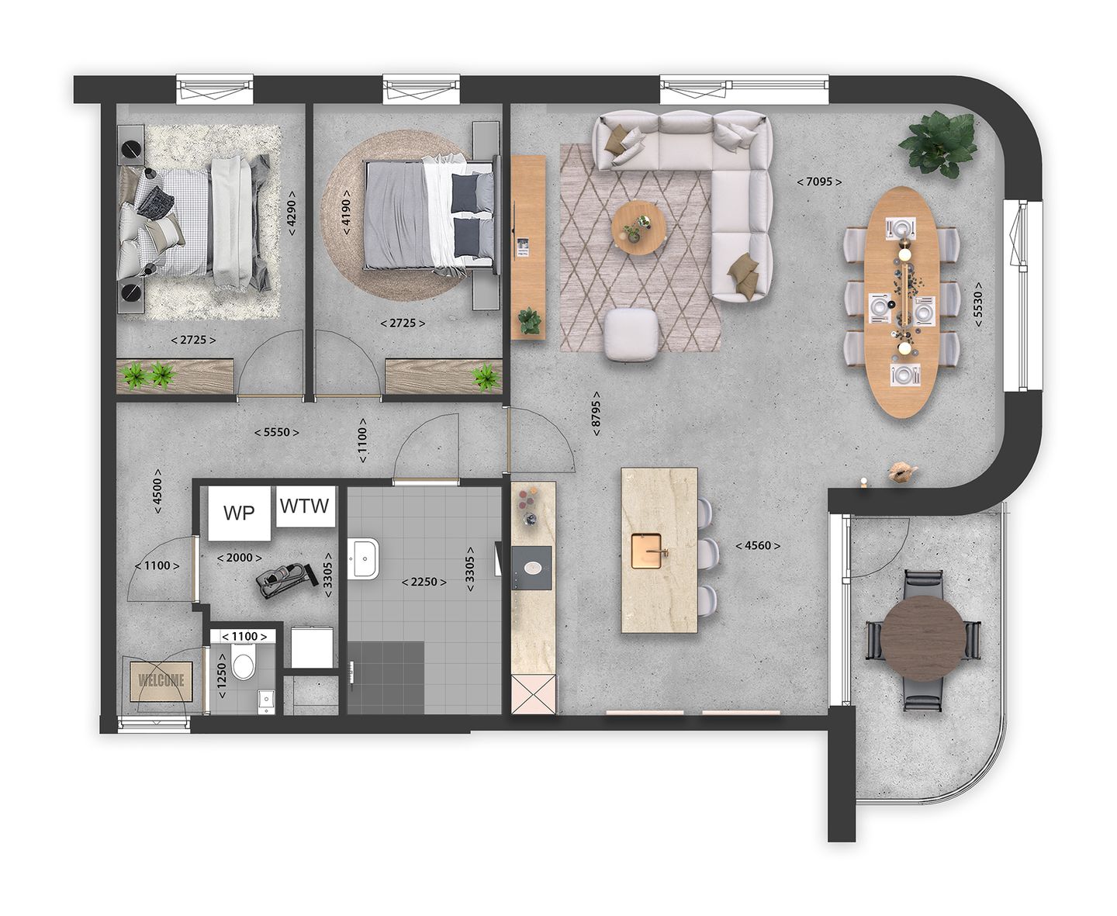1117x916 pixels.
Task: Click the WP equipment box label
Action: tap(239, 513)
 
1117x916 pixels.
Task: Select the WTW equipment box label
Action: tap(304, 506)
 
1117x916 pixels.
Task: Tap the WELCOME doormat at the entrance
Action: tap(161, 680)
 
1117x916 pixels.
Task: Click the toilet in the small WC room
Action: tap(244, 665)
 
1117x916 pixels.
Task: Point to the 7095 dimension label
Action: tap(819, 182)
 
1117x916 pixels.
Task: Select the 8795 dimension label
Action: tap(596, 413)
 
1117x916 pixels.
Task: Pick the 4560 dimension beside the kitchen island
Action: tap(757, 545)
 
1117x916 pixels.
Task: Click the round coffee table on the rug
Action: tap(638, 226)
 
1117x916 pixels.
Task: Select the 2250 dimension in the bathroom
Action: tap(424, 582)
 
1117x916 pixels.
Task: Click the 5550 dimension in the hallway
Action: tap(277, 432)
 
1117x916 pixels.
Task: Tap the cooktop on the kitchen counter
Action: tap(532, 566)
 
